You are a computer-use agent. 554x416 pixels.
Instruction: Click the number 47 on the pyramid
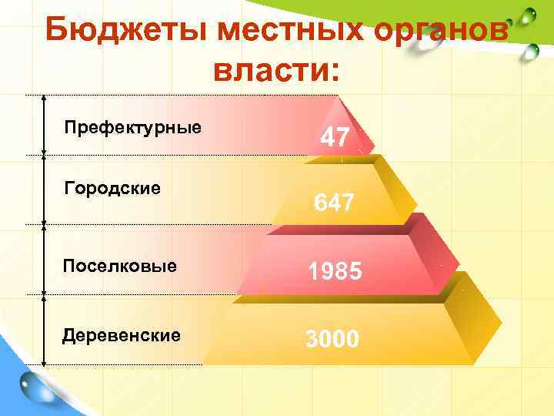(335, 138)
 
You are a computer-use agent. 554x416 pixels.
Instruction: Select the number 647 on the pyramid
(334, 203)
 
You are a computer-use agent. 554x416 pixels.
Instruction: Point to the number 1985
(335, 272)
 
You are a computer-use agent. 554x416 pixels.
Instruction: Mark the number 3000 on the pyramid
(332, 338)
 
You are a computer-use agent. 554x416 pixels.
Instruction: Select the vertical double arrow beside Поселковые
(44, 260)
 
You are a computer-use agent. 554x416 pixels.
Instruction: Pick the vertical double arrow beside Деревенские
(44, 330)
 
